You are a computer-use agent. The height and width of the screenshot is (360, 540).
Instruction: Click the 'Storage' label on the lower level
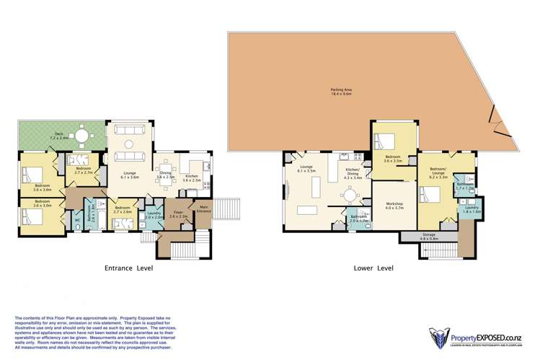pos(430,236)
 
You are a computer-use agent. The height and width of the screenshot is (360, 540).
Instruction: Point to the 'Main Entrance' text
pos(204,210)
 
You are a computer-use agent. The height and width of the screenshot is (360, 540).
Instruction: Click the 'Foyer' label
pos(179,214)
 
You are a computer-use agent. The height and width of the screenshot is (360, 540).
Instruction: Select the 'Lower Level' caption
pos(373,268)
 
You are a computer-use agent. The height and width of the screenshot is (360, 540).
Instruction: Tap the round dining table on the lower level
pos(350,196)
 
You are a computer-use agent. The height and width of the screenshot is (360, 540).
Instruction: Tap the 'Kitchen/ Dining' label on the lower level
pos(351,171)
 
